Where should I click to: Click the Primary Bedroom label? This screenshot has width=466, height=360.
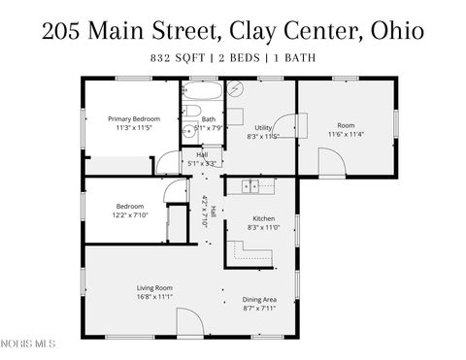133,122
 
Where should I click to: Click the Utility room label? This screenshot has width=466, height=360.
263,131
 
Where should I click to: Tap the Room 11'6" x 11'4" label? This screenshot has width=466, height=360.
346,129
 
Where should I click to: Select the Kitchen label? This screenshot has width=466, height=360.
263,222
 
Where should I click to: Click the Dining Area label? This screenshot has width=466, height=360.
259,303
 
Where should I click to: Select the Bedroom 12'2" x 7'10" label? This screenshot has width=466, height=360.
130,210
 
